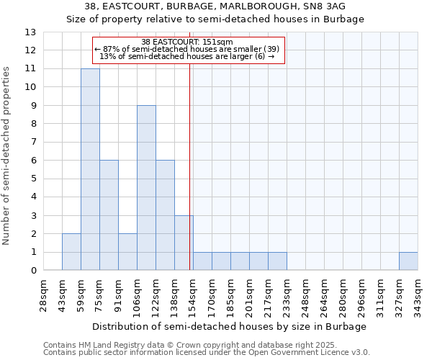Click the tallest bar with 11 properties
(90, 169)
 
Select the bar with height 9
(146, 188)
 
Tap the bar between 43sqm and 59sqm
(71, 252)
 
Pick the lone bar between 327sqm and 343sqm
(408, 261)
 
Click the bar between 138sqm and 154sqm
(184, 243)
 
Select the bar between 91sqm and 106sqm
(127, 252)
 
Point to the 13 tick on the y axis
(31, 32)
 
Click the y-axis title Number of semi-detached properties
(7, 155)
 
